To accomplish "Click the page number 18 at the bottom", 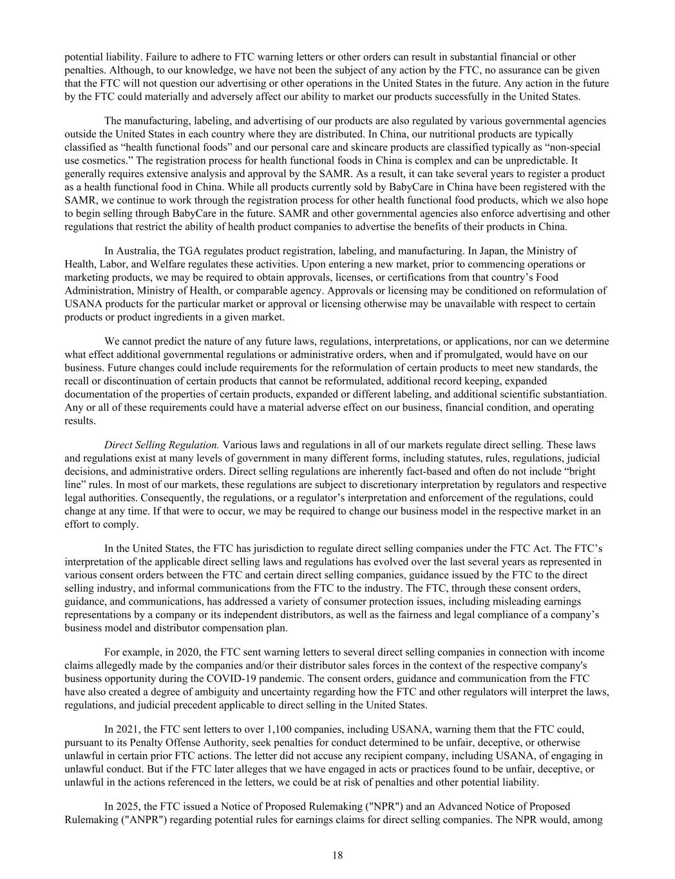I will tap(337, 855).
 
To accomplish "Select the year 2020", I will tap(183, 652).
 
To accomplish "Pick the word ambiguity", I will tap(204, 692).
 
